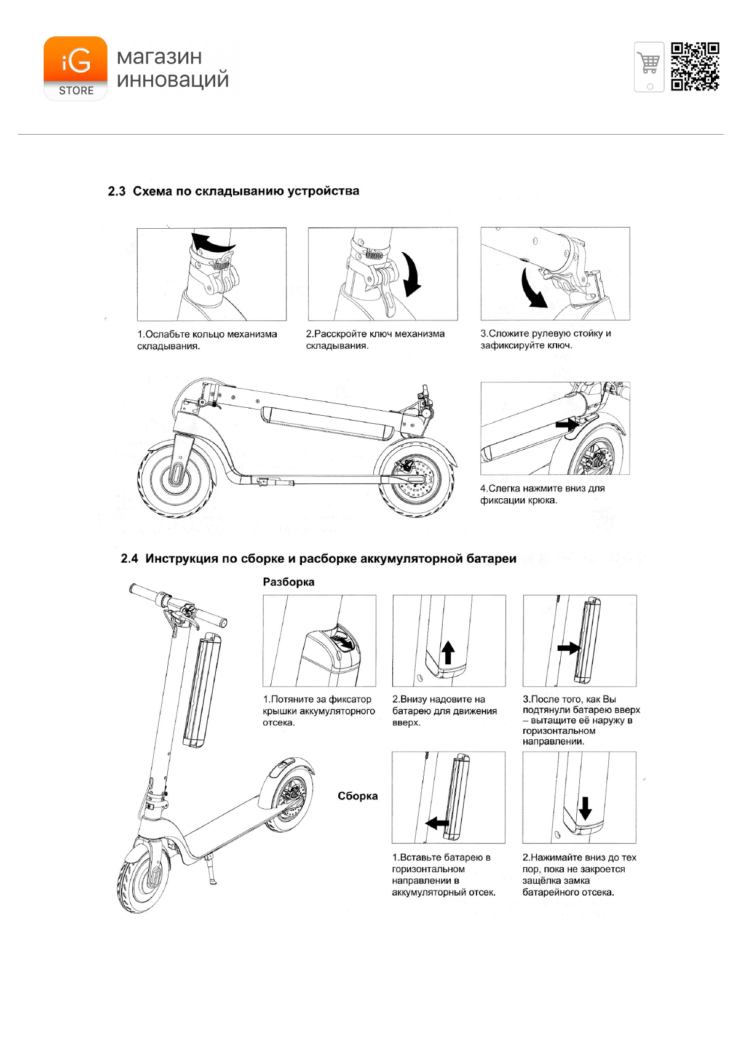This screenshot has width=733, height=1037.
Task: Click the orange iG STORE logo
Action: pos(75,68)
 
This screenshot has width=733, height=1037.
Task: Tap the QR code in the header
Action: pos(694,66)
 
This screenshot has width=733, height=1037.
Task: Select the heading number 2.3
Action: pos(116,191)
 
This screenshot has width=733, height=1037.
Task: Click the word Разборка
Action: pos(288,582)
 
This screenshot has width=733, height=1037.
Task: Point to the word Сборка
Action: pos(357,796)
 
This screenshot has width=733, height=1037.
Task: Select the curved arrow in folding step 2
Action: pos(411,274)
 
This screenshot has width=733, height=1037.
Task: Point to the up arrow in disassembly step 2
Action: pos(448,652)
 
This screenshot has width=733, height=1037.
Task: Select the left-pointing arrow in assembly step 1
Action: pos(437,822)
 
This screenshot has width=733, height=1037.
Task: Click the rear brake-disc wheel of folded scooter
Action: pos(416,480)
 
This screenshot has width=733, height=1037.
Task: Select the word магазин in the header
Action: pos(159,57)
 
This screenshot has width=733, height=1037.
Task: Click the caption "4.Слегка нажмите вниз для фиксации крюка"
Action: pos(542,494)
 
